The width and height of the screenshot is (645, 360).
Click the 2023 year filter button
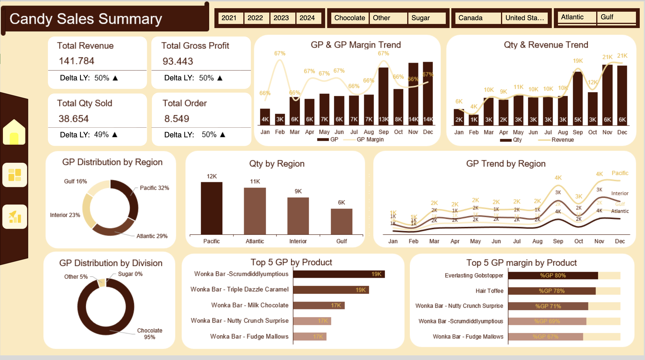(281, 18)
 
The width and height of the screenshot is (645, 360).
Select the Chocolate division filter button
(349, 18)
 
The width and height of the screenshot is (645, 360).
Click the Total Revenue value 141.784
(77, 61)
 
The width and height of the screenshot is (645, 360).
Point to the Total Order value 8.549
(177, 119)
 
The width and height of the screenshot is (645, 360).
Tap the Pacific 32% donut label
(154, 188)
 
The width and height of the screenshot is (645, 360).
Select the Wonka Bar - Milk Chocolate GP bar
(319, 305)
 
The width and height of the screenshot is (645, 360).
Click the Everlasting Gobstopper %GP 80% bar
(553, 276)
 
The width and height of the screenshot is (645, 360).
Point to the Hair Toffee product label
(489, 291)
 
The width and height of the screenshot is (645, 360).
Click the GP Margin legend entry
(370, 140)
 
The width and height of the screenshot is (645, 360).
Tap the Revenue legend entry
(562, 140)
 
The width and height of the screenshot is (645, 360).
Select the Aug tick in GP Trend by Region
(537, 241)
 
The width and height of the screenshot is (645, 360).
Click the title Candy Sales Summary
(86, 19)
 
